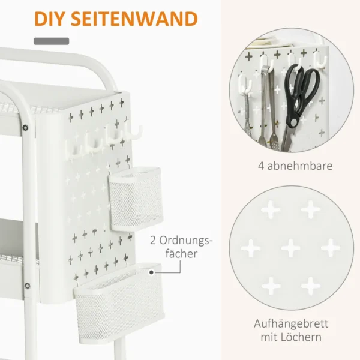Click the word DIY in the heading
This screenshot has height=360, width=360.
(x=50, y=19)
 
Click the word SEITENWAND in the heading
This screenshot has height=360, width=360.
(x=134, y=19)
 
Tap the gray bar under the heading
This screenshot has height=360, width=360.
(x=51, y=41)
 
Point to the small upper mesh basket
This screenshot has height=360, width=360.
(x=136, y=199)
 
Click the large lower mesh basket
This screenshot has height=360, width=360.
(x=119, y=303)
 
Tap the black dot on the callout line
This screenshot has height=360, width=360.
(x=151, y=272)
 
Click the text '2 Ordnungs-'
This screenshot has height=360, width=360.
(x=181, y=241)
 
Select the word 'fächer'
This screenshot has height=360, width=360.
(x=181, y=254)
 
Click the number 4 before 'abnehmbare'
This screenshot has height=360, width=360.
(x=261, y=166)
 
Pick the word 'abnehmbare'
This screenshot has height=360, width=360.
(x=300, y=166)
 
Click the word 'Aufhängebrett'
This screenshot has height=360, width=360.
(x=291, y=324)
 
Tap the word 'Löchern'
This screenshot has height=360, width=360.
(x=302, y=337)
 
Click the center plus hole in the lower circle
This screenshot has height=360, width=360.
(x=290, y=248)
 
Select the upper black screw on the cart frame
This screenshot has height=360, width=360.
(x=25, y=127)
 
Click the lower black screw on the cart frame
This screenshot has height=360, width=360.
(x=28, y=286)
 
